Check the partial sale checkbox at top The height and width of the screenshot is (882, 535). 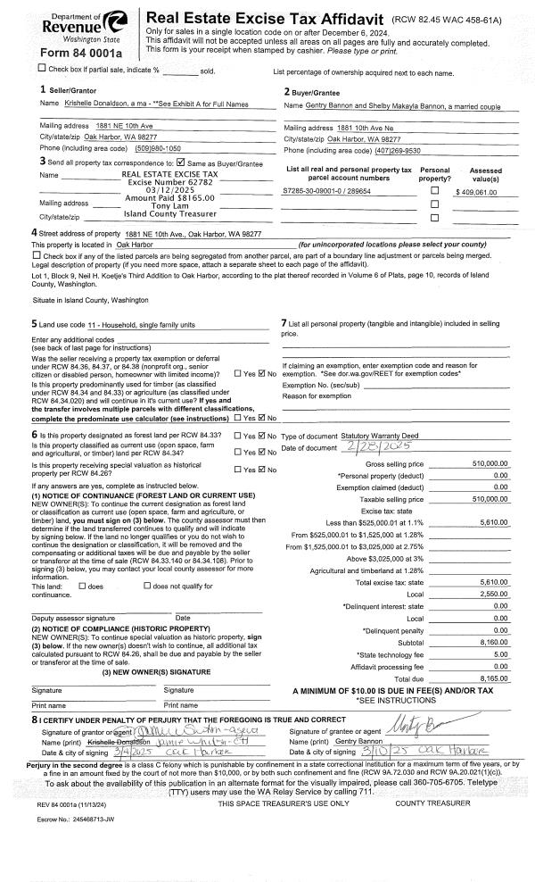click(x=19, y=69)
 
